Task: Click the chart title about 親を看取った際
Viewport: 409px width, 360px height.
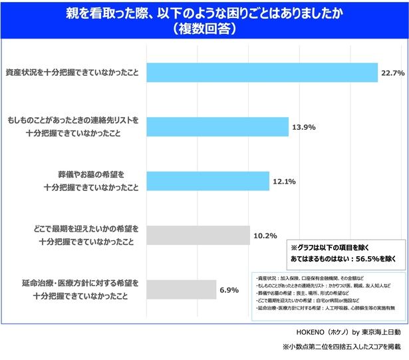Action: [205, 13]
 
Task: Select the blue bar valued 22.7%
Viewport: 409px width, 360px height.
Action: [260, 72]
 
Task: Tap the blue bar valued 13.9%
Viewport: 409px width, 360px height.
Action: [216, 126]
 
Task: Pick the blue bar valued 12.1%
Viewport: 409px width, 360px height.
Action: [207, 181]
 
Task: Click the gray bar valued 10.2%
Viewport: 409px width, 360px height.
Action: [198, 235]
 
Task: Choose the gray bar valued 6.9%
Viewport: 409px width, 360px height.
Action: [181, 289]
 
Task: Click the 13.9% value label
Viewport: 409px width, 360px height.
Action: [304, 126]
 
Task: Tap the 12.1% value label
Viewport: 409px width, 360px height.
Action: [285, 181]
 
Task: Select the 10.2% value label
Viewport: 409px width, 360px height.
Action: [265, 236]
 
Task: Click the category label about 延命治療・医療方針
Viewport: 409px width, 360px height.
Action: [78, 289]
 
